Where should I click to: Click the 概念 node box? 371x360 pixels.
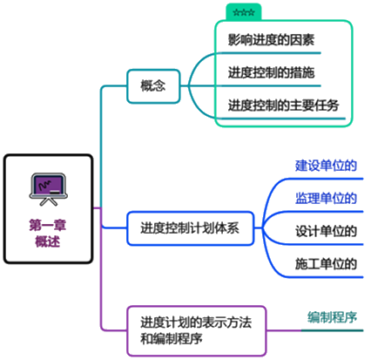click(x=153, y=86)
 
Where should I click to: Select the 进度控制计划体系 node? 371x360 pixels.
click(x=191, y=228)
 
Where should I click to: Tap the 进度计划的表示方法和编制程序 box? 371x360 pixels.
click(x=197, y=330)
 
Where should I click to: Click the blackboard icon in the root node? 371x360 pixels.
click(x=49, y=189)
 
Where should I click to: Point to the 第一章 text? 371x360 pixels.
click(x=48, y=225)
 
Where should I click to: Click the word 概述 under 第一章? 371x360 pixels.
click(x=48, y=241)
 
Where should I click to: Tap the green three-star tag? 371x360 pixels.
click(x=244, y=12)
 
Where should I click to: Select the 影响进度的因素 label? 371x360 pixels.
click(x=271, y=40)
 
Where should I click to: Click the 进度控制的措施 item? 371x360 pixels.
click(x=271, y=72)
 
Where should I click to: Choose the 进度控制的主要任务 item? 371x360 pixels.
click(x=284, y=105)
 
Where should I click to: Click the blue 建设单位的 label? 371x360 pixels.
click(x=326, y=166)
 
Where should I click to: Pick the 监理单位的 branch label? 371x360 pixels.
click(x=326, y=199)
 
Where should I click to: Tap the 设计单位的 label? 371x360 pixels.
click(x=326, y=231)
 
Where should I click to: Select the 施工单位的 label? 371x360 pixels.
click(x=326, y=264)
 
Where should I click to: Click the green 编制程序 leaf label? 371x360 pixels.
click(x=333, y=317)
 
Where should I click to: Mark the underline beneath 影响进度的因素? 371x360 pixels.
click(x=270, y=53)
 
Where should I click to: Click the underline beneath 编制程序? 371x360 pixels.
click(x=332, y=330)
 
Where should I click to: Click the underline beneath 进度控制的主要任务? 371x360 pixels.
click(x=282, y=119)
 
